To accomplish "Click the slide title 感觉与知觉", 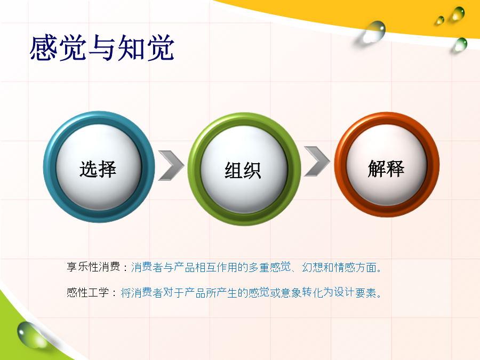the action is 102,48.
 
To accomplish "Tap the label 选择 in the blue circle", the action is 98,169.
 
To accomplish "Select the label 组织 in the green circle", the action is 243,170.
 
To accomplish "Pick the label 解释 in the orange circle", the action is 386,169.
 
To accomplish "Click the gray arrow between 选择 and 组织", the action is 171,165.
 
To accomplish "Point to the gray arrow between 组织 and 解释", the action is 317,161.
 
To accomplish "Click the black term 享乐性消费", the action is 93,267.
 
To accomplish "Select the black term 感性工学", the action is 88,293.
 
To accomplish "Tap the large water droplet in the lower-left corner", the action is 30,335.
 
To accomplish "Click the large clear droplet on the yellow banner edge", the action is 373,31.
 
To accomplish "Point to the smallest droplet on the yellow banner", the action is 440,20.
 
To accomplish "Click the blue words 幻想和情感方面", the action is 339,267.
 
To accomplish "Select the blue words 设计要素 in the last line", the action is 355,293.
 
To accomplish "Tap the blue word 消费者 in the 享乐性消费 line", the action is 147,267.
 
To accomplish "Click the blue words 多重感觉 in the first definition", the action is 270,267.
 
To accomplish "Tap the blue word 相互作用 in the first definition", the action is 217,267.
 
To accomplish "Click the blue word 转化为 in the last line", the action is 318,293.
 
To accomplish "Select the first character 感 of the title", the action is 43,48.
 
